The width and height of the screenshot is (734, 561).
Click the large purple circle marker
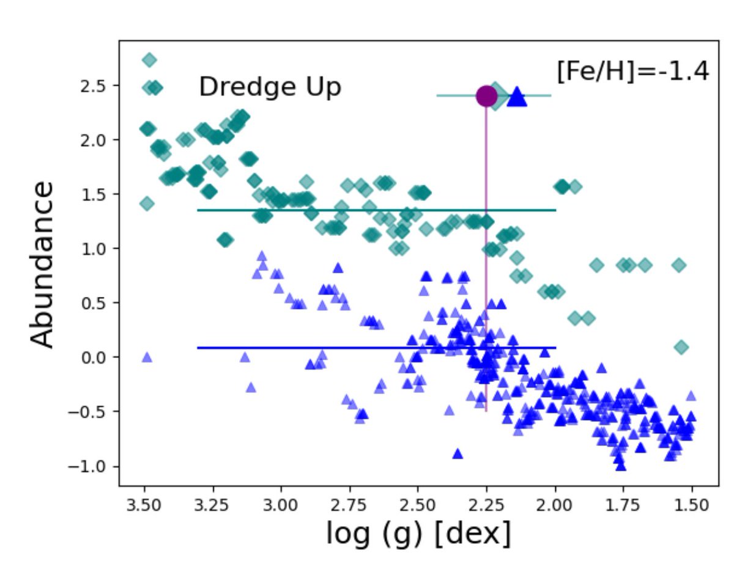pyautogui.click(x=486, y=96)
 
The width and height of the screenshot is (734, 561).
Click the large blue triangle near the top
pyautogui.click(x=517, y=97)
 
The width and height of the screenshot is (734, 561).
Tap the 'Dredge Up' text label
pyautogui.click(x=270, y=87)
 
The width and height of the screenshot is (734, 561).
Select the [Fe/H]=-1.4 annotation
pyautogui.click(x=632, y=71)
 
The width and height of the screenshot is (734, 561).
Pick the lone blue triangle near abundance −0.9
pyautogui.click(x=458, y=453)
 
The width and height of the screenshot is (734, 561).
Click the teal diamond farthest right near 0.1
pyautogui.click(x=681, y=347)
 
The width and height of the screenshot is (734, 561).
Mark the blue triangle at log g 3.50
pyautogui.click(x=147, y=358)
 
